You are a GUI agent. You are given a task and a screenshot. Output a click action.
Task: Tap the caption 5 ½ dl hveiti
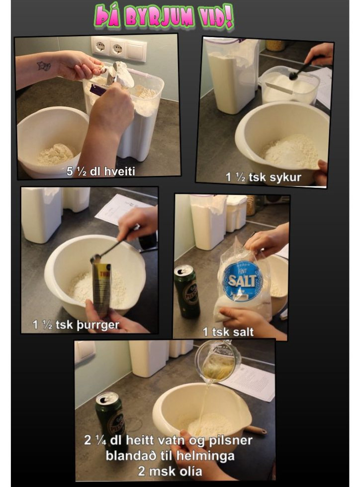tap(101, 171)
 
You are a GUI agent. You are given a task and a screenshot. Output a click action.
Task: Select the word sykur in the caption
tap(285, 177)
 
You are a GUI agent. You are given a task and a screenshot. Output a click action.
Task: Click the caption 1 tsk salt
tap(228, 332)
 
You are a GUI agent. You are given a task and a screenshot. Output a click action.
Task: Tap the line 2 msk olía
tap(170, 471)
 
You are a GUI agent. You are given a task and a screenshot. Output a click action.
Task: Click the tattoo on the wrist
tap(44, 66)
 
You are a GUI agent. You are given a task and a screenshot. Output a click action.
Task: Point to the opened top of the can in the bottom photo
tap(107, 398)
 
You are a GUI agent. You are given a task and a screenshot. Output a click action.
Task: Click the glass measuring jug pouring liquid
tap(217, 360)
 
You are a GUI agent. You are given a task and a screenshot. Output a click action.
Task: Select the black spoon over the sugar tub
tap(305, 68)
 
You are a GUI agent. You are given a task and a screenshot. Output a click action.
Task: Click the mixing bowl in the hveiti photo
tap(52, 141)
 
